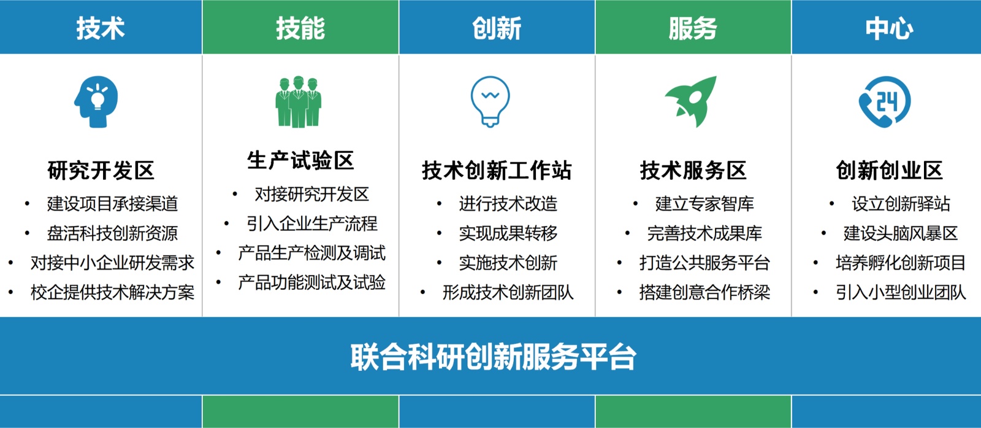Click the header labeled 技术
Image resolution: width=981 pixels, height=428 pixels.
pos(101,28)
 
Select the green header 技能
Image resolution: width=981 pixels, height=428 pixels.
pos(300,28)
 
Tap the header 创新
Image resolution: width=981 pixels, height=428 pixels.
pos(497,28)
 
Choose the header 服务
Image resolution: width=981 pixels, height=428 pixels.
pos(693,28)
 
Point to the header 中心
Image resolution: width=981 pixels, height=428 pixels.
pos(889,28)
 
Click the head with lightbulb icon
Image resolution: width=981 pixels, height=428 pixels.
pos(96,102)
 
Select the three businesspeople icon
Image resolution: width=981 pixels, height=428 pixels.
pos(298,102)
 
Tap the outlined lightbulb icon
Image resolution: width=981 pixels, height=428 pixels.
pos(490,102)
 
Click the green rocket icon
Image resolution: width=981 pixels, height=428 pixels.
pos(692,102)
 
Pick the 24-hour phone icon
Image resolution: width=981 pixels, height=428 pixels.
pos(885,102)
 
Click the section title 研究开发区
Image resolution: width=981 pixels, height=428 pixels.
pos(101,171)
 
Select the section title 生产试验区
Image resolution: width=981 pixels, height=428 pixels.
pos(300,160)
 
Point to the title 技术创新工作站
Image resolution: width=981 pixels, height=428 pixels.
pos(497,171)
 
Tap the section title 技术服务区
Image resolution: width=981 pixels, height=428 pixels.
pos(693,171)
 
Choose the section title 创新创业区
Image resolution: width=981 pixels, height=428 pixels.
pos(889,171)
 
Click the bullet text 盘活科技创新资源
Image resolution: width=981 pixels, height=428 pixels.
pos(113,233)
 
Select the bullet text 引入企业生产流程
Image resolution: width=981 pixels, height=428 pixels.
pos(312,224)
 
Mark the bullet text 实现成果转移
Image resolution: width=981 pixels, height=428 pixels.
pos(508,233)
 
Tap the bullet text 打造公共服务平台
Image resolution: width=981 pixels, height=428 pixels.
pos(704,263)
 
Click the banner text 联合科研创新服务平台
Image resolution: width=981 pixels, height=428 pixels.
pos(493,357)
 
